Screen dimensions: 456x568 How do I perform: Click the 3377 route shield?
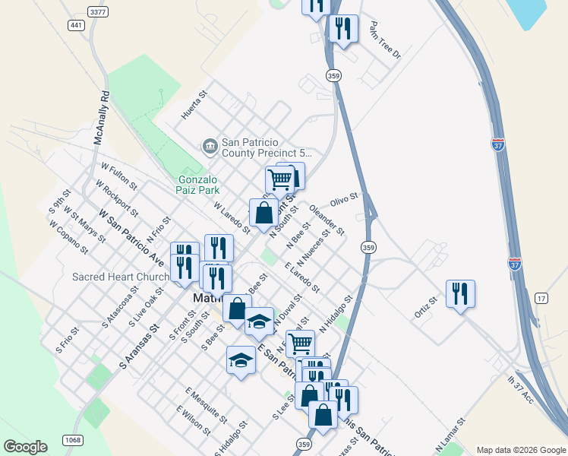click(x=97, y=11)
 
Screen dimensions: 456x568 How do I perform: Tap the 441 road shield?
click(x=76, y=26)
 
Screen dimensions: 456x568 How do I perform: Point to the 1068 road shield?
click(x=73, y=440)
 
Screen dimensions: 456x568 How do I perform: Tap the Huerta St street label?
click(x=194, y=106)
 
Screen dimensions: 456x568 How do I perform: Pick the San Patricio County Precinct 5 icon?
click(x=210, y=144)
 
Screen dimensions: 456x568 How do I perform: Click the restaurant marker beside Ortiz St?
click(x=460, y=293)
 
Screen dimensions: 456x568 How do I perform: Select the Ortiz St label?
click(x=426, y=305)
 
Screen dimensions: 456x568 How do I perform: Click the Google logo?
click(x=26, y=447)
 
